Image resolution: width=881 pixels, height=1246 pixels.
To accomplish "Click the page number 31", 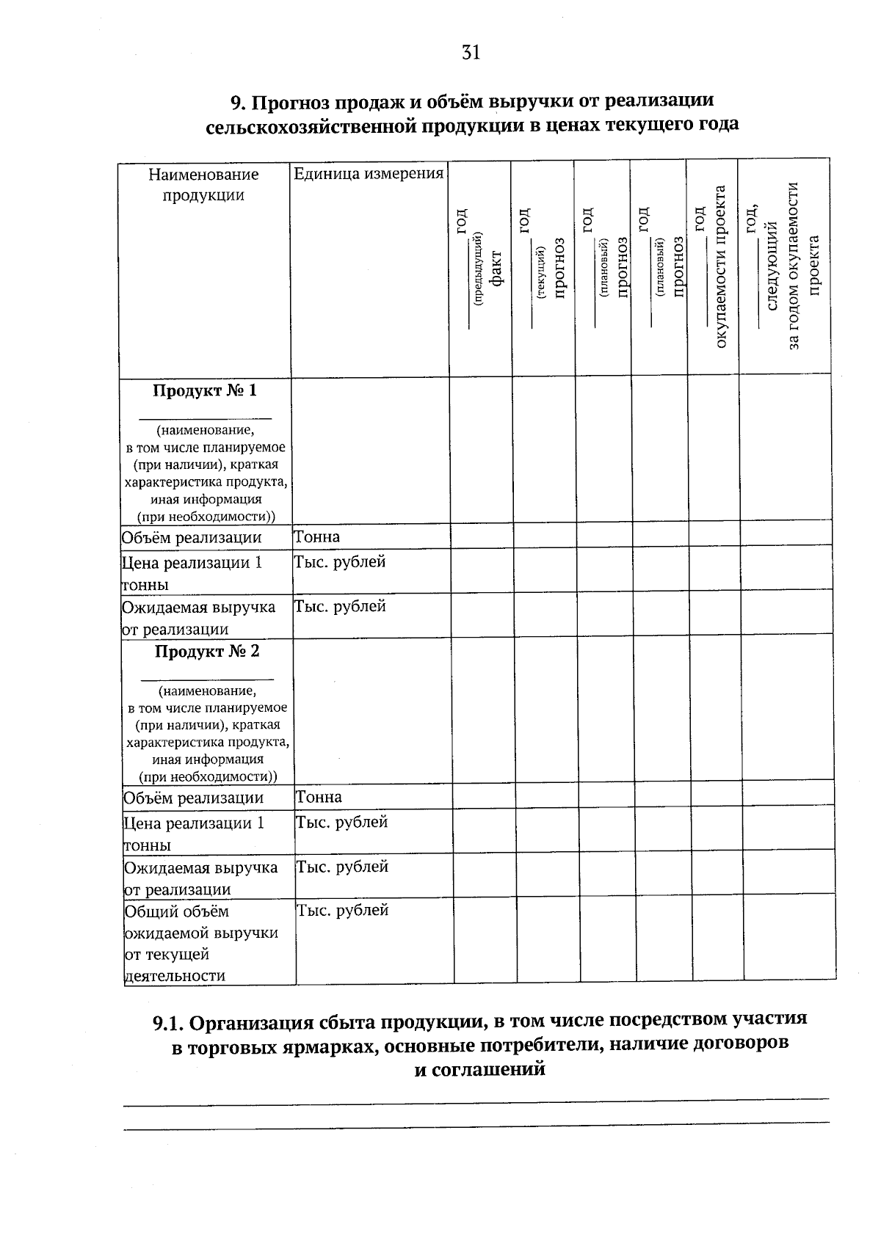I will (471, 52).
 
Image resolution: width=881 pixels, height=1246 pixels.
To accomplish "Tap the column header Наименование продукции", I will (203, 184).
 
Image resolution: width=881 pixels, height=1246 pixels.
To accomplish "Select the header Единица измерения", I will (369, 174).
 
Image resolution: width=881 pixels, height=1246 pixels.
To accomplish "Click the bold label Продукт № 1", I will (205, 390).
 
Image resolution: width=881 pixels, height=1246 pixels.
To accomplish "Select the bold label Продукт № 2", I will (206, 652).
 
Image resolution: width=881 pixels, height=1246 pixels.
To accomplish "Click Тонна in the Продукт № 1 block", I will (317, 537).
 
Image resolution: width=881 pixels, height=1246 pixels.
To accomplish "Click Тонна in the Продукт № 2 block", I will (319, 797).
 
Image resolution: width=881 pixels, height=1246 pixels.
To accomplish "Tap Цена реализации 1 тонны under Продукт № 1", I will (192, 573).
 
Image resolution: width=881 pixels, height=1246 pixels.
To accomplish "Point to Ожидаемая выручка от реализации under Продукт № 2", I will (200, 878).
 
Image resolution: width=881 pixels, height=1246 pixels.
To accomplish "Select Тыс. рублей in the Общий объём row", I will (342, 911).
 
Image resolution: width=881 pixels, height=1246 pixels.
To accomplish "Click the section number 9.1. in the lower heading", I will (171, 1023).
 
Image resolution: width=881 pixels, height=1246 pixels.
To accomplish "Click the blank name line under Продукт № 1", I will (206, 419).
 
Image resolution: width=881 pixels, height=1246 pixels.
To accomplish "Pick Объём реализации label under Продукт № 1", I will (192, 538).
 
